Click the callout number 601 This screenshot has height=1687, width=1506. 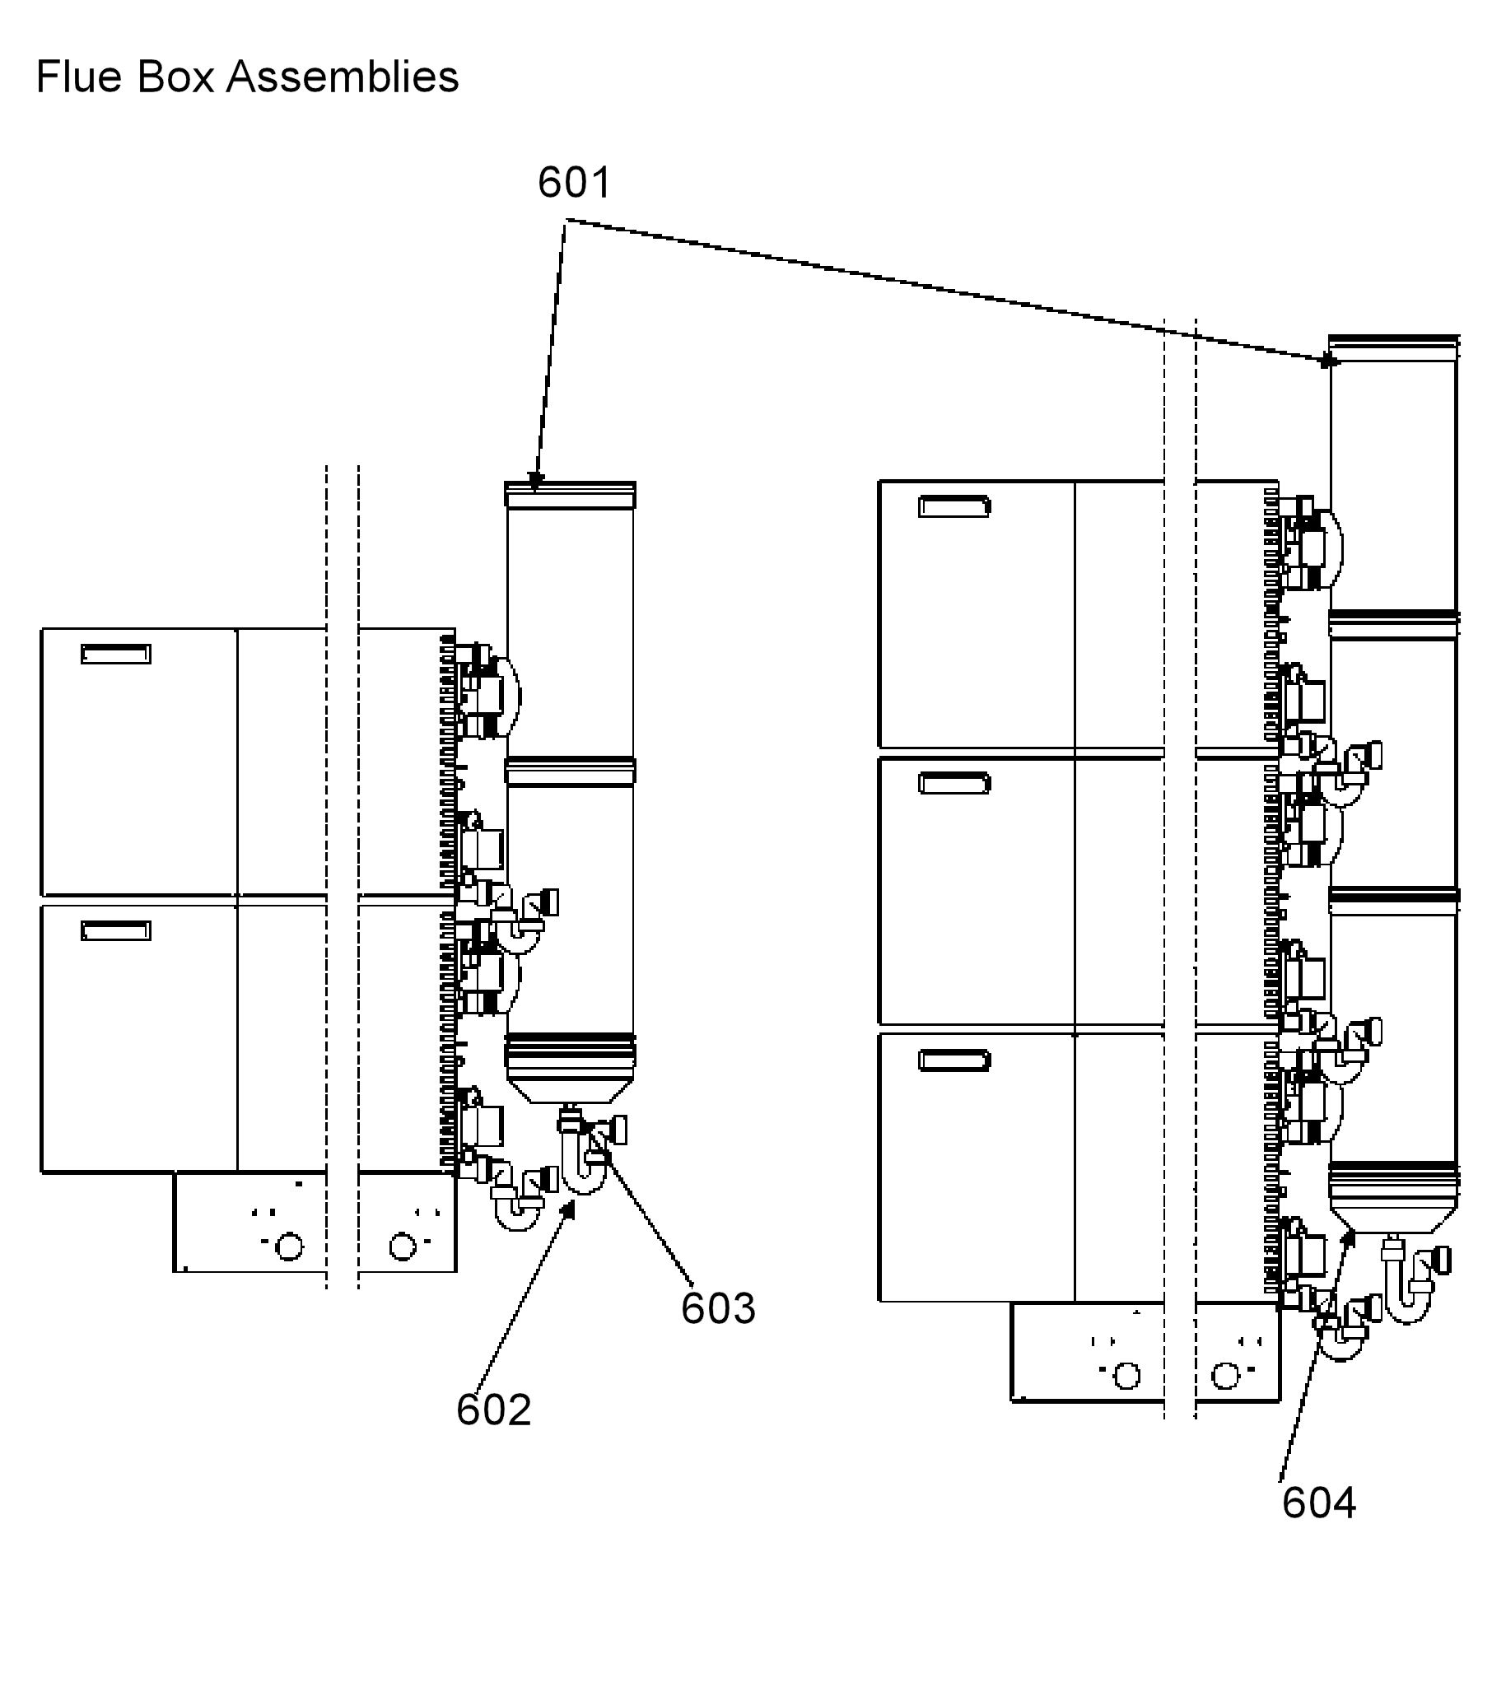tap(574, 182)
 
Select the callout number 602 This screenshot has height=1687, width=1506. tap(494, 1410)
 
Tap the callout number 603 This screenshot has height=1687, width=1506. tap(718, 1308)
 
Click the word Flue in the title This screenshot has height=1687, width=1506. tap(79, 77)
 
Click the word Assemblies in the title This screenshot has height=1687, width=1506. tap(343, 77)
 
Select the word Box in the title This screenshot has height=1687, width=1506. tap(175, 77)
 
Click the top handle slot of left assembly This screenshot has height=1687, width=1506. tap(116, 654)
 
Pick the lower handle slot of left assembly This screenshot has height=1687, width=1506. tap(116, 931)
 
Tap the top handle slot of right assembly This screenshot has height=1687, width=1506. tap(954, 506)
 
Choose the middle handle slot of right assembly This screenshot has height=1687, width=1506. tap(954, 783)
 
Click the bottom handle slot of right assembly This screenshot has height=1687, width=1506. tap(954, 1060)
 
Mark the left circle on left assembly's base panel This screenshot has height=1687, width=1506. tap(289, 1246)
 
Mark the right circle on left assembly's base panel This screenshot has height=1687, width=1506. tap(402, 1246)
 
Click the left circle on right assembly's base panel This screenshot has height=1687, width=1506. tap(1127, 1376)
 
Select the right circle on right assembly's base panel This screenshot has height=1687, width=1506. tap(1225, 1376)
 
